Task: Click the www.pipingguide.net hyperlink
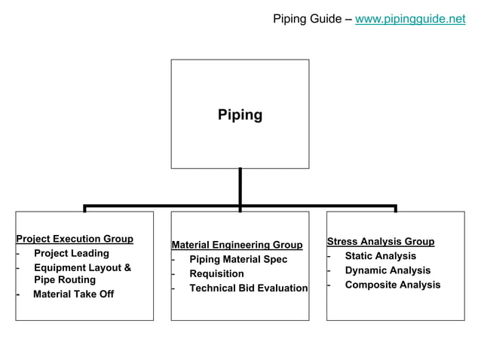click(410, 19)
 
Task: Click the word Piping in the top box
click(240, 115)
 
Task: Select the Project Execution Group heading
click(75, 239)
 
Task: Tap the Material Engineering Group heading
click(237, 245)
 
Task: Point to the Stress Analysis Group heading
click(380, 242)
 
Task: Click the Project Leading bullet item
click(72, 254)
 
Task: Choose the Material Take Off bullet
click(73, 294)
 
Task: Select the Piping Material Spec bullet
click(237, 260)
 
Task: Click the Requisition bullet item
click(216, 274)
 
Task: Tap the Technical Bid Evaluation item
click(248, 288)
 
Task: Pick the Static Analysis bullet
click(380, 256)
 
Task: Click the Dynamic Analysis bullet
click(388, 270)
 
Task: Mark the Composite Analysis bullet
click(392, 285)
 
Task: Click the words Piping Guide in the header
click(307, 19)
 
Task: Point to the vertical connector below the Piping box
click(240, 185)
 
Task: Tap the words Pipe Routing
click(65, 280)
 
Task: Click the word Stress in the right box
click(342, 242)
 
